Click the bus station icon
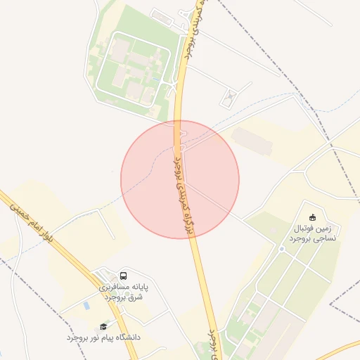124,276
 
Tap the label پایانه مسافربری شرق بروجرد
120,292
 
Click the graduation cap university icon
104,326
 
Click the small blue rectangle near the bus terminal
86,307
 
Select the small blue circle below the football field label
281,249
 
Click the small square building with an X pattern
229,98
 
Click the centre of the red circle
180,179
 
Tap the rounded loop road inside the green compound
134,68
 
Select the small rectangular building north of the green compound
161,17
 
